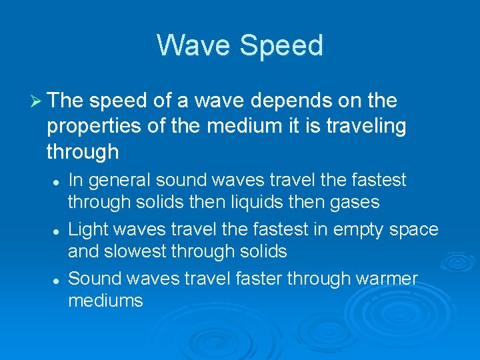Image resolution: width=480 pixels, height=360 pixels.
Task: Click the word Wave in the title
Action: click(x=193, y=45)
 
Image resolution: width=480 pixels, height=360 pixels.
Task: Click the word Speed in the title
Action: click(x=281, y=45)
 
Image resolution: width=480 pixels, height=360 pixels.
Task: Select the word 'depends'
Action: click(x=283, y=101)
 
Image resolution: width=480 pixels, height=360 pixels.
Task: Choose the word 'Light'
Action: click(x=89, y=230)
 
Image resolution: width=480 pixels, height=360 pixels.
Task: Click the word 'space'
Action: click(x=415, y=230)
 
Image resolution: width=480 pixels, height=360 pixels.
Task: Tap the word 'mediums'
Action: click(x=105, y=300)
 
